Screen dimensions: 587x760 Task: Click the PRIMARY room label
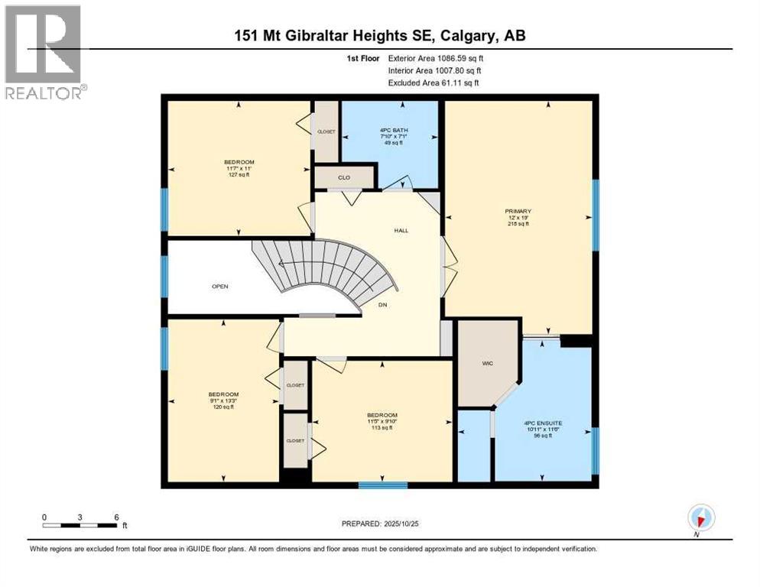coord(518,211)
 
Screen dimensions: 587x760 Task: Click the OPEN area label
coord(220,287)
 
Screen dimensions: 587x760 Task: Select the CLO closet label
coord(344,177)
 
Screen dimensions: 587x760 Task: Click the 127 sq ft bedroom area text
coord(239,175)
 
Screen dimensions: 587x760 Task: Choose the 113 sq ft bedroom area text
coord(382,428)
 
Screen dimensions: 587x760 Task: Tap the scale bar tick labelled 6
coord(116,517)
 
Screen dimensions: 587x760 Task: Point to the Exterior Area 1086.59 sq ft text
coord(436,58)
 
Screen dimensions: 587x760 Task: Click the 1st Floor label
coord(363,58)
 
